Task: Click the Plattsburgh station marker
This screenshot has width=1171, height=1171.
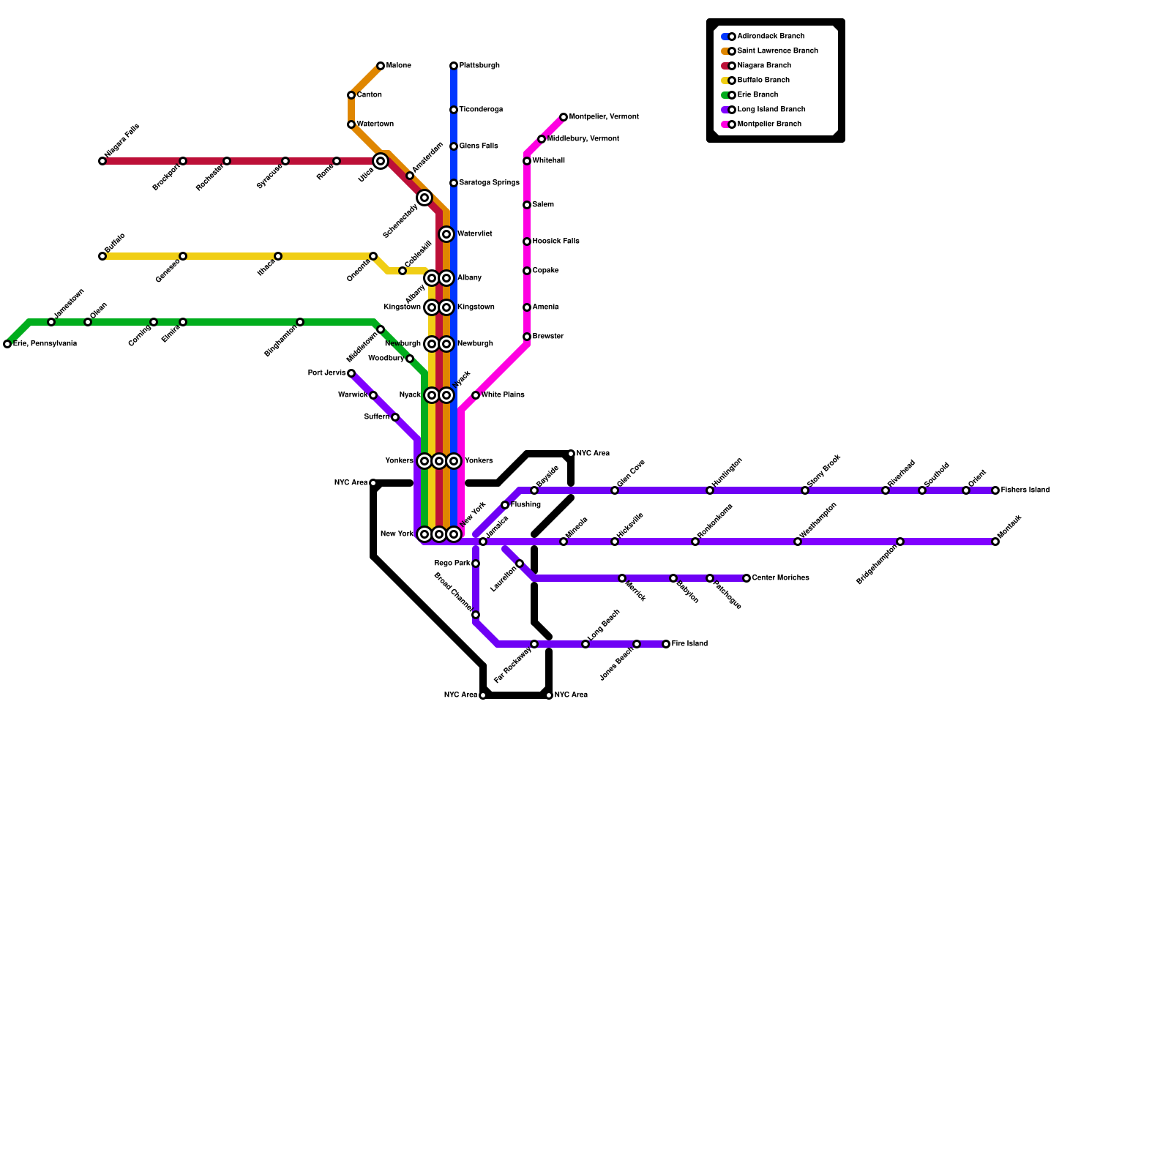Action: pyautogui.click(x=454, y=66)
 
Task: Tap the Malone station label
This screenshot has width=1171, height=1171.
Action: pyautogui.click(x=398, y=66)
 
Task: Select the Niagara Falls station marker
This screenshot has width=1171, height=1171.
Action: pyautogui.click(x=102, y=161)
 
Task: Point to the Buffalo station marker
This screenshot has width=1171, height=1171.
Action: pyautogui.click(x=102, y=256)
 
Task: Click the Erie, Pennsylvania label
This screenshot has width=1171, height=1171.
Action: pyautogui.click(x=45, y=344)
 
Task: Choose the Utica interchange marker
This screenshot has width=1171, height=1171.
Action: pyautogui.click(x=381, y=161)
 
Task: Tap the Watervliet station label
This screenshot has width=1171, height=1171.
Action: pyautogui.click(x=474, y=234)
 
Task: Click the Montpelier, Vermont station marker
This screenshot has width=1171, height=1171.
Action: pyautogui.click(x=564, y=117)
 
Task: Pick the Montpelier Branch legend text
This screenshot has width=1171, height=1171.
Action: pyautogui.click(x=769, y=124)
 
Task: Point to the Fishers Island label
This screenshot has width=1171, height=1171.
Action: pyautogui.click(x=1025, y=490)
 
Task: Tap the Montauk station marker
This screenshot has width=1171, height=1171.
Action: pyautogui.click(x=995, y=542)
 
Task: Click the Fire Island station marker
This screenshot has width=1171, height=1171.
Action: pyautogui.click(x=666, y=644)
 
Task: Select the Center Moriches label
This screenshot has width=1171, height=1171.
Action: pyautogui.click(x=780, y=578)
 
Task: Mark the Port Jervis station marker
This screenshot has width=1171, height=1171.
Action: pyautogui.click(x=351, y=373)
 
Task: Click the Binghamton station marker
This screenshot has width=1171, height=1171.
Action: pyautogui.click(x=300, y=322)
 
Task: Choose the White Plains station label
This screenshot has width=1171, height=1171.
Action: pyautogui.click(x=503, y=395)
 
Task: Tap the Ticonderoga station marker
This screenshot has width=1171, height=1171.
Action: pyautogui.click(x=454, y=110)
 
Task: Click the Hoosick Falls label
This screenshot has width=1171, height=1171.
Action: pyautogui.click(x=555, y=242)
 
